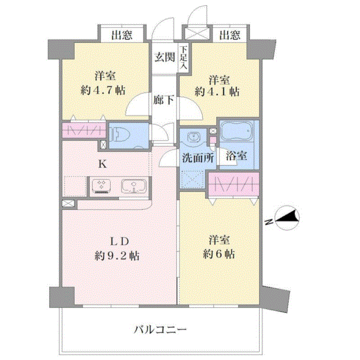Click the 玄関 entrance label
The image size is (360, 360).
[164, 57]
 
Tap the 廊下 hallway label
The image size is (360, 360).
[164, 100]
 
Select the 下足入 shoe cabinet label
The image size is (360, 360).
[184, 57]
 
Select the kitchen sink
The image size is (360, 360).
[134, 186]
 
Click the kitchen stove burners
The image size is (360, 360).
[101, 186]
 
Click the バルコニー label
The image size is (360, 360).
[160, 330]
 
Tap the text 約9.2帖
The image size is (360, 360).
[117, 255]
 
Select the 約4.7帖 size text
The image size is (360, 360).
[103, 90]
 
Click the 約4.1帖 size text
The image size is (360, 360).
[217, 92]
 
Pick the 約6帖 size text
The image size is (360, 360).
[219, 254]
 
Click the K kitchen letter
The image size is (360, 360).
[102, 164]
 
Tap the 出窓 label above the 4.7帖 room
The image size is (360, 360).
[122, 35]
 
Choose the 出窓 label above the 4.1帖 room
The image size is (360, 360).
[229, 35]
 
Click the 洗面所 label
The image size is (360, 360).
[198, 158]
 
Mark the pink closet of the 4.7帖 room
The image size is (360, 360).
[84, 130]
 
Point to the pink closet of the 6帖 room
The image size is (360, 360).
[234, 184]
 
